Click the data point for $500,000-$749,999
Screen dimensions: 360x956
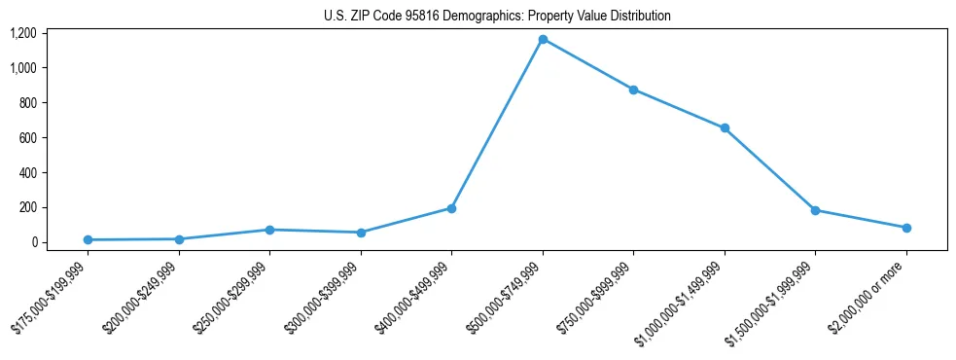(543, 39)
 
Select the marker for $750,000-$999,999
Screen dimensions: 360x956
(633, 90)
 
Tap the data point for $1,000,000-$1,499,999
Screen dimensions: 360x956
(725, 128)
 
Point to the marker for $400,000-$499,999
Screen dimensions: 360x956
(451, 208)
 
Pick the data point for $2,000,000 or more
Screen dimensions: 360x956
(906, 228)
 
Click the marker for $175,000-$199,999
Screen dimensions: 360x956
(88, 239)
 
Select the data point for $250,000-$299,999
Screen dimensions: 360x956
(269, 230)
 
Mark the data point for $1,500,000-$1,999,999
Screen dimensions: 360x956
(815, 210)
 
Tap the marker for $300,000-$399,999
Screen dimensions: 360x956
(361, 233)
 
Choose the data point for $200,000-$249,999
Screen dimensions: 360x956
(179, 238)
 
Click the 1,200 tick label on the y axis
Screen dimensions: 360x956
(23, 33)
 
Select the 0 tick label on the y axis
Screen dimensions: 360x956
(33, 242)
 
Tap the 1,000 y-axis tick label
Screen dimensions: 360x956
(23, 68)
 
